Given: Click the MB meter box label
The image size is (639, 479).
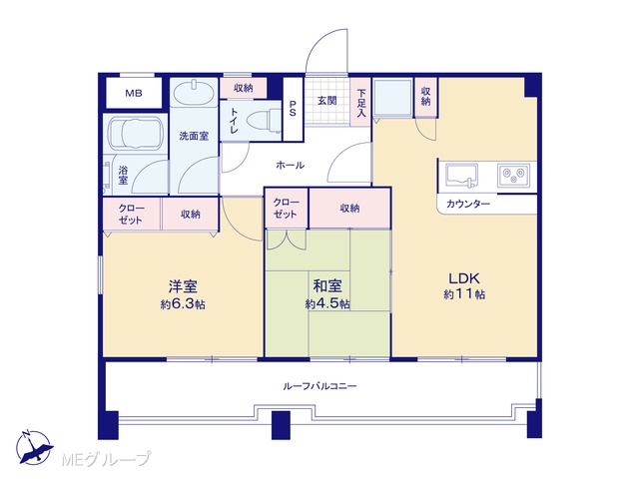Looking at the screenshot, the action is [134, 93].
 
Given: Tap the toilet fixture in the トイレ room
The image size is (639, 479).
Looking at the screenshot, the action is [264, 121].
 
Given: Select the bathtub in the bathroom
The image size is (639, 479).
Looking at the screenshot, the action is [135, 133].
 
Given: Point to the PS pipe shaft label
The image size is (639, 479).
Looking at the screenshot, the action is [293, 109].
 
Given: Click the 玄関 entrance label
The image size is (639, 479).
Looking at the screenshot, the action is [326, 100].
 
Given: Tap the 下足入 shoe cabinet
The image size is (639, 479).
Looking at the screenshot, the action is [361, 102].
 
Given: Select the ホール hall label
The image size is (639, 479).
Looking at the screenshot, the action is [291, 165].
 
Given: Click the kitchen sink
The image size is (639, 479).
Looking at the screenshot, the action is [461, 176].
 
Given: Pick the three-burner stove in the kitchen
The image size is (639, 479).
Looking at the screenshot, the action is [513, 176].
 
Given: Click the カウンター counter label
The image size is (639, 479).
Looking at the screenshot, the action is [468, 204].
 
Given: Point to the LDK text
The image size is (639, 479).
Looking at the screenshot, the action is [463, 278].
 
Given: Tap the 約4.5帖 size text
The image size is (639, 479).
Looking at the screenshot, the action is [327, 303].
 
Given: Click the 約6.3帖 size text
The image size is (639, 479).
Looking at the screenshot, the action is [183, 304].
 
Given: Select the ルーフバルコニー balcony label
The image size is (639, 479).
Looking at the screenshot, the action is [319, 386].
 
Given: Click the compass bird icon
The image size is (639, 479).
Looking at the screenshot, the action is [34, 447].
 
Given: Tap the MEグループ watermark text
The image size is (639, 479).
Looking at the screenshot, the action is [107, 459].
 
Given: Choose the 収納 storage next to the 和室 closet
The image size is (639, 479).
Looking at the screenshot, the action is [349, 209].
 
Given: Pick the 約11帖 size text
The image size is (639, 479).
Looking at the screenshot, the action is [464, 294].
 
